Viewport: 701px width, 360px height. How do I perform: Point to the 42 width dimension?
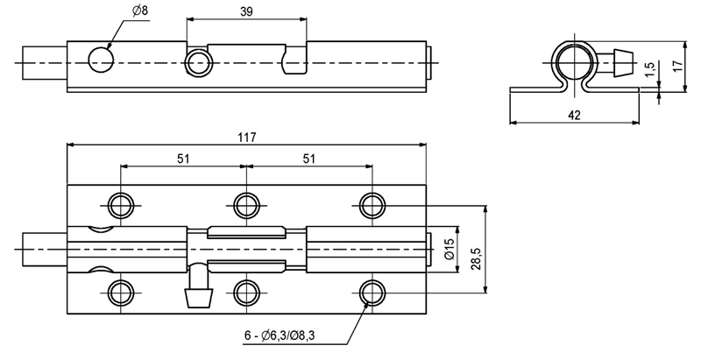click(574, 114)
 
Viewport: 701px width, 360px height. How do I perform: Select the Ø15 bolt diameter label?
click(448, 252)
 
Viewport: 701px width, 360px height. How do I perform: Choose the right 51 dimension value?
click(308, 159)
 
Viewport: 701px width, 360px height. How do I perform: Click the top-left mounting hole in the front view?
click(121, 205)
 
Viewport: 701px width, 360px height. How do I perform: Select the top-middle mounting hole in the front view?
click(245, 205)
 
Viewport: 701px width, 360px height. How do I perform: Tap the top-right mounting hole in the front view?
click(371, 205)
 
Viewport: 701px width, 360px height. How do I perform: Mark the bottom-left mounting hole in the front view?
click(121, 291)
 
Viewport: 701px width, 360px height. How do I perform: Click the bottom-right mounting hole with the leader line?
click(371, 291)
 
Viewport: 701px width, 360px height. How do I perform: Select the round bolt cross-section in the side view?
click(575, 62)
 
